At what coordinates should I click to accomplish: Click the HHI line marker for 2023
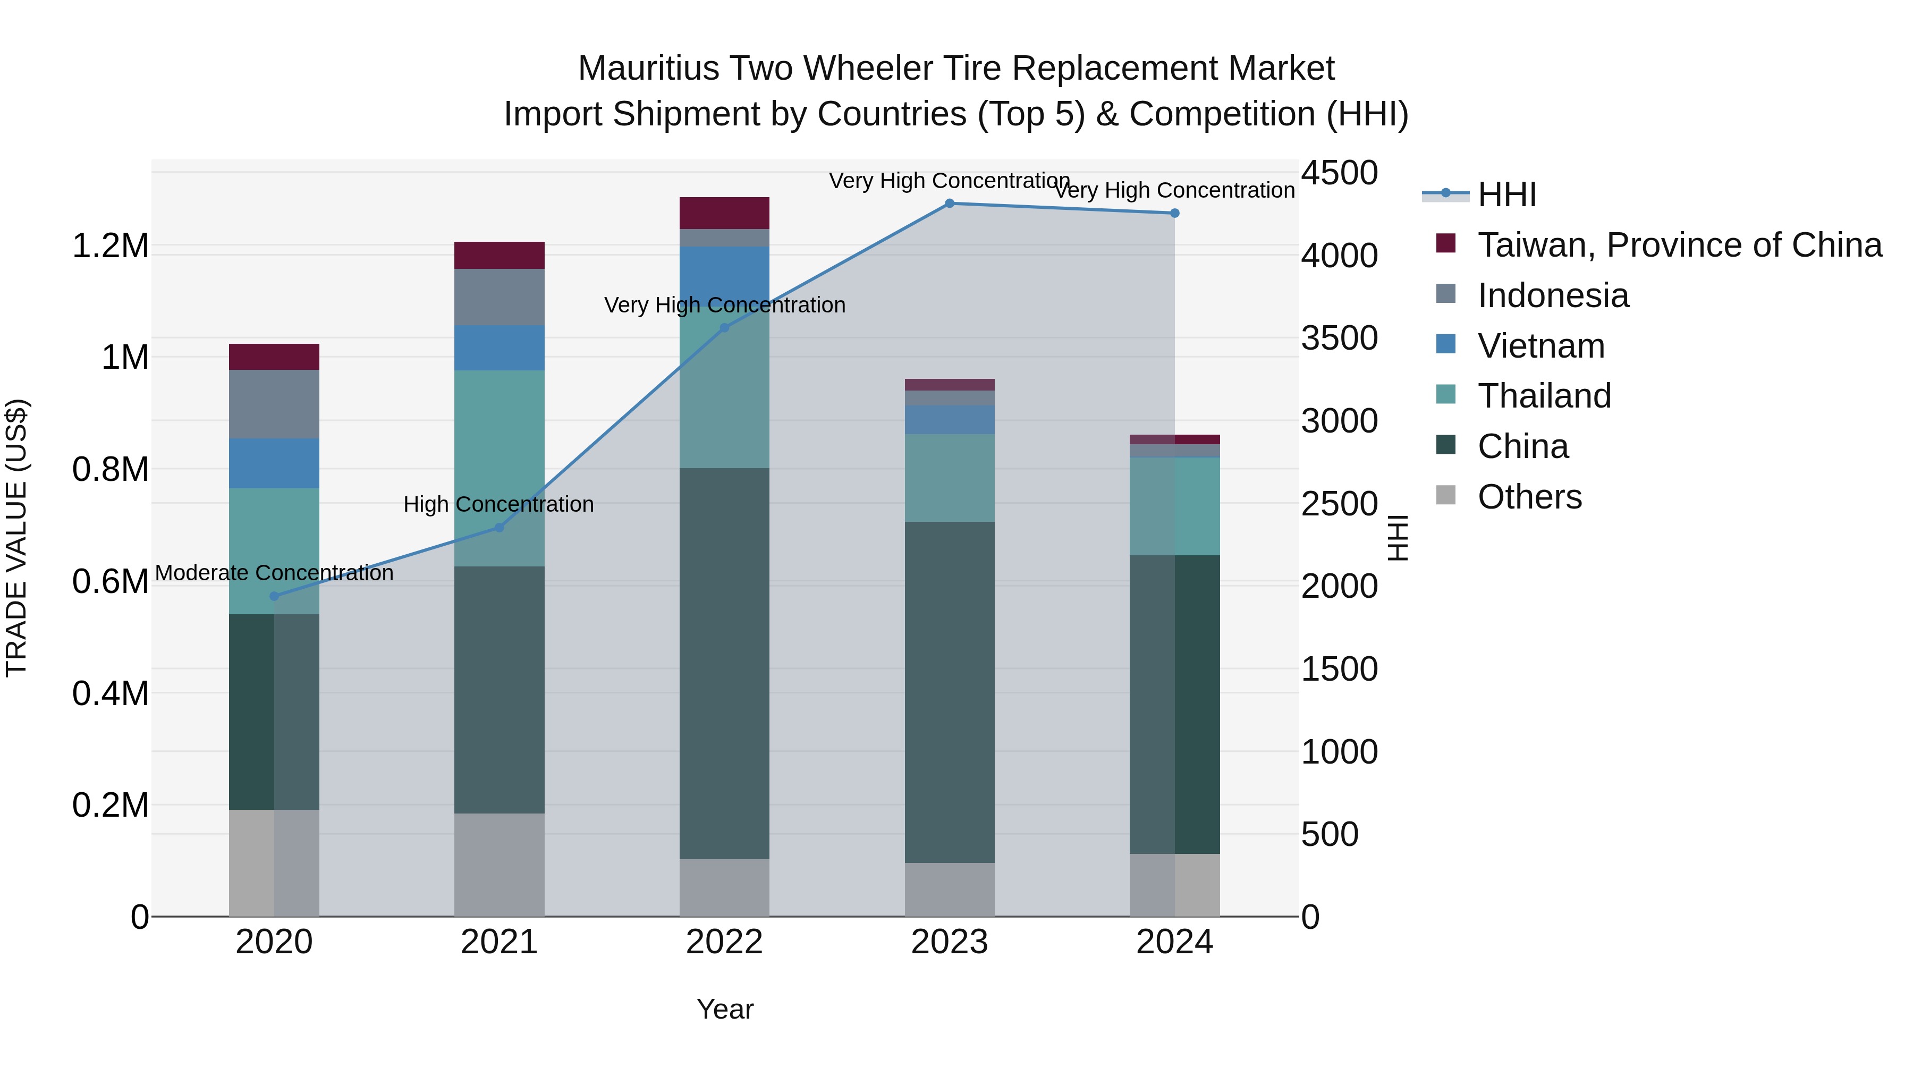949,204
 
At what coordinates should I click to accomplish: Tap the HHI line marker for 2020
274,596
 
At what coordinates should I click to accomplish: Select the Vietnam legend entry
1541,346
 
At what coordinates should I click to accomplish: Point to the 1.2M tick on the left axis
110,246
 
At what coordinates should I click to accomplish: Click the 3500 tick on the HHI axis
1339,338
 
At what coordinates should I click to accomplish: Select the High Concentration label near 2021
498,505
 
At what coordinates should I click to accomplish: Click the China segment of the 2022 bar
724,663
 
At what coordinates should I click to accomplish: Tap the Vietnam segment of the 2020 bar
274,463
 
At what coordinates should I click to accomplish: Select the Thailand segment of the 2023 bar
949,478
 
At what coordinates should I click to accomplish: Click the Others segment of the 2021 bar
499,865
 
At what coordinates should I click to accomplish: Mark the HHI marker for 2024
1174,213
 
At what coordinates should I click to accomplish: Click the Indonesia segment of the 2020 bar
274,404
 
